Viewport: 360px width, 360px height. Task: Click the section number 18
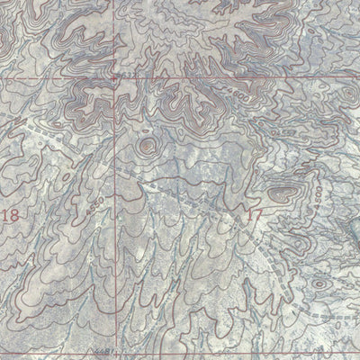tap(12, 216)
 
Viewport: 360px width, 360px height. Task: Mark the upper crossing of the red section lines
tap(114, 78)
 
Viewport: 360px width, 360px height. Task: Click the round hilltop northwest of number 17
tap(146, 145)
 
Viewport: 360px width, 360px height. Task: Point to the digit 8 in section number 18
tap(15, 216)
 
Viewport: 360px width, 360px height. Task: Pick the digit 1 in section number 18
tap(7, 216)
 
